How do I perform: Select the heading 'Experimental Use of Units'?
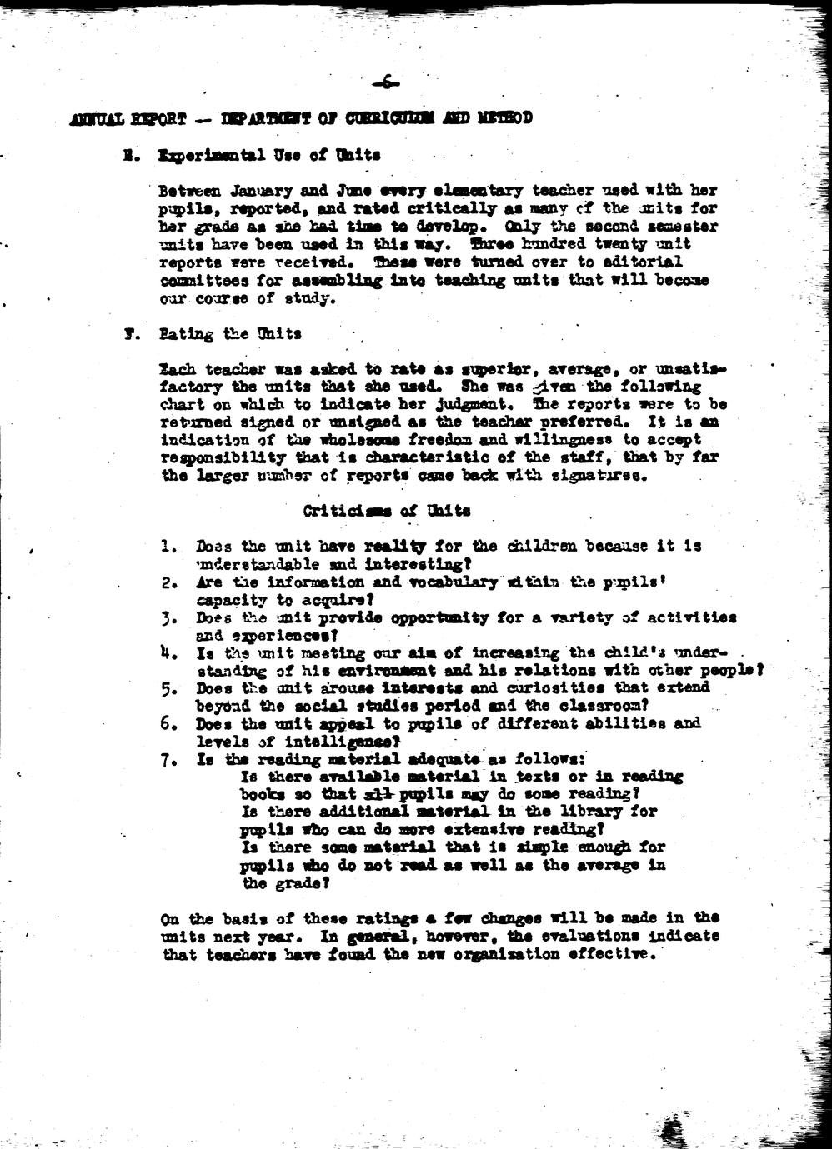coord(269,155)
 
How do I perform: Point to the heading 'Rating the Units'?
coord(230,334)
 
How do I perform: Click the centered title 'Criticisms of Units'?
coord(386,511)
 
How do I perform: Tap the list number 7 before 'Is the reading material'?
coord(168,759)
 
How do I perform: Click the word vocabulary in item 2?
coord(456,582)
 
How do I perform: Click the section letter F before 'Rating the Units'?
coord(129,334)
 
